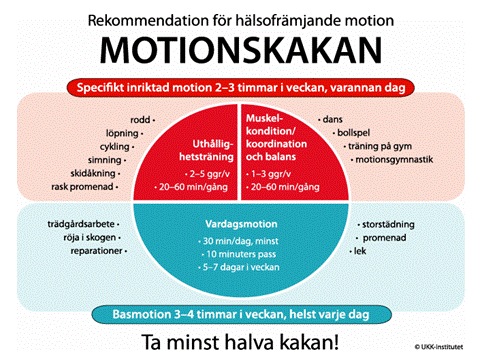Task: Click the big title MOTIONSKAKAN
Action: click(x=240, y=49)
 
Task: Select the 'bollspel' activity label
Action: click(x=345, y=132)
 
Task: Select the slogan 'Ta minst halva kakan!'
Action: click(x=240, y=340)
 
